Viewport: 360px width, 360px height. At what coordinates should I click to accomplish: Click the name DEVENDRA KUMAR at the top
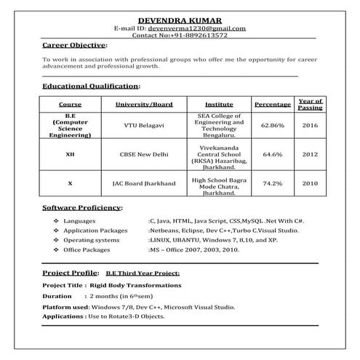180,19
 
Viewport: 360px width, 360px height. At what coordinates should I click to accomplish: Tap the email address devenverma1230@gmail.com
207,28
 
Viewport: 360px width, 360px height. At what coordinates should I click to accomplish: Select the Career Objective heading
75,45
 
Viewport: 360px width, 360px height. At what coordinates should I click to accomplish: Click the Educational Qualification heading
91,86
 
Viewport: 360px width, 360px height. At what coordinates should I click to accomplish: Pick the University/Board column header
144,105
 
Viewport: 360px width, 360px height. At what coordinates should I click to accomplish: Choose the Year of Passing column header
310,104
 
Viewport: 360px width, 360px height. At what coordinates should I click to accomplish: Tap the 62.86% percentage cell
273,126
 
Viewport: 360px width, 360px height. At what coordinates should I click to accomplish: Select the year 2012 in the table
310,154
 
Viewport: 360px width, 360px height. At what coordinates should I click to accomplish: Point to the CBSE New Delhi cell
144,154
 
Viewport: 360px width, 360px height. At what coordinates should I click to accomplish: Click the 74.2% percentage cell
273,183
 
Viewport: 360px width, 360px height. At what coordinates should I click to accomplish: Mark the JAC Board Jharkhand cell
144,183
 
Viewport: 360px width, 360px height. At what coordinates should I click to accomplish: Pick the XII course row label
70,154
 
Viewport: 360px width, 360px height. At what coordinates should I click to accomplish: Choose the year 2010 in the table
310,183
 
